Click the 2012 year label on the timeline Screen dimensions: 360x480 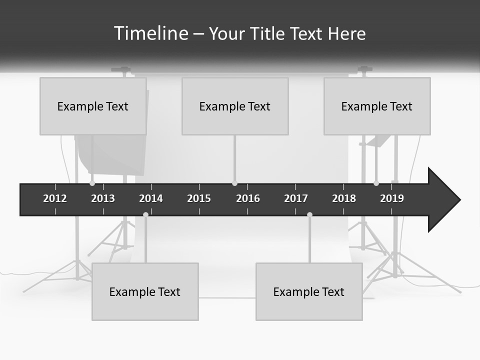pyautogui.click(x=55, y=198)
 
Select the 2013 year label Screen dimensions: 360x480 pyautogui.click(x=103, y=198)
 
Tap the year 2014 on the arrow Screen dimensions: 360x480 pyautogui.click(x=151, y=198)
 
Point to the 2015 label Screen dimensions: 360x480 pyautogui.click(x=199, y=198)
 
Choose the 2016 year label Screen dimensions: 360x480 pyautogui.click(x=248, y=198)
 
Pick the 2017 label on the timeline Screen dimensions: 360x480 pyautogui.click(x=296, y=198)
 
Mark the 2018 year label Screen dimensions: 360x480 pyautogui.click(x=344, y=198)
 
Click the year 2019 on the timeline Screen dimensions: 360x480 pyautogui.click(x=392, y=198)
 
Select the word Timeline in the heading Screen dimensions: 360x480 pyautogui.click(x=150, y=33)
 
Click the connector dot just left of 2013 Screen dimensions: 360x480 pyautogui.click(x=92, y=183)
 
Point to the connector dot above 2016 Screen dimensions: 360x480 pyautogui.click(x=234, y=183)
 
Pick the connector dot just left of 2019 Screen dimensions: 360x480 pyautogui.click(x=376, y=183)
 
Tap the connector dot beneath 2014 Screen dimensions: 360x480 pyautogui.click(x=145, y=214)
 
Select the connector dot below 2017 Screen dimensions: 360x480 pyautogui.click(x=309, y=214)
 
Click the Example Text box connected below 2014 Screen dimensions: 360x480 pyautogui.click(x=145, y=291)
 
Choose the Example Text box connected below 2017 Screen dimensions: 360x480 pyautogui.click(x=309, y=291)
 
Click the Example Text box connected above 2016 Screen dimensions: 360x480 pyautogui.click(x=235, y=106)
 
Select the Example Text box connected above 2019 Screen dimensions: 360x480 pyautogui.click(x=377, y=106)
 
